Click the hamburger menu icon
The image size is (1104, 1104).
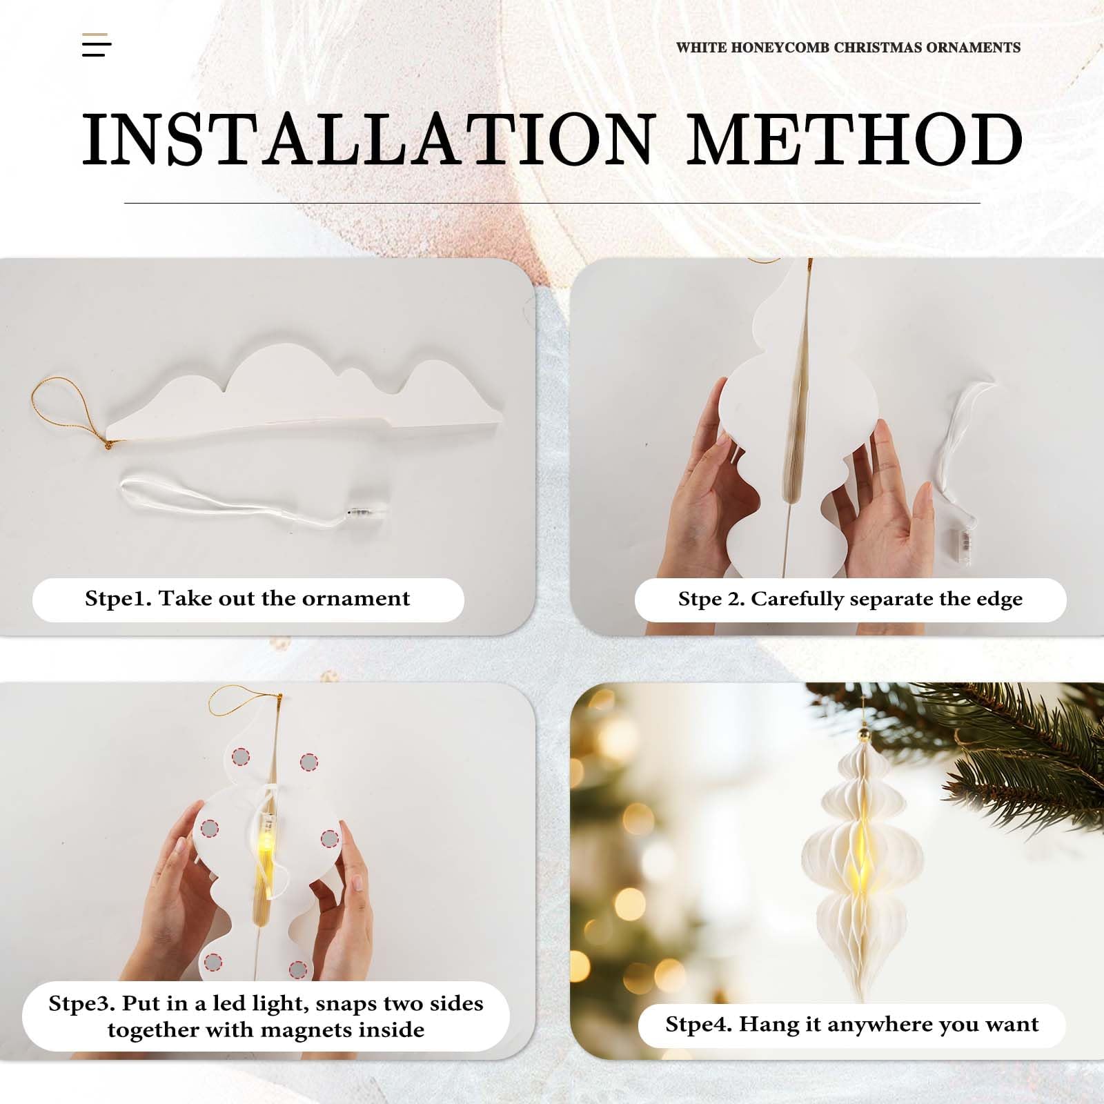coord(97,45)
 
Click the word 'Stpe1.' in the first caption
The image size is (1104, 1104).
coord(118,599)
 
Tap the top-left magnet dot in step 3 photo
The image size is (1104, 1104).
coord(239,757)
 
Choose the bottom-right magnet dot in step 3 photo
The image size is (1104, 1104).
coord(297,969)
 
